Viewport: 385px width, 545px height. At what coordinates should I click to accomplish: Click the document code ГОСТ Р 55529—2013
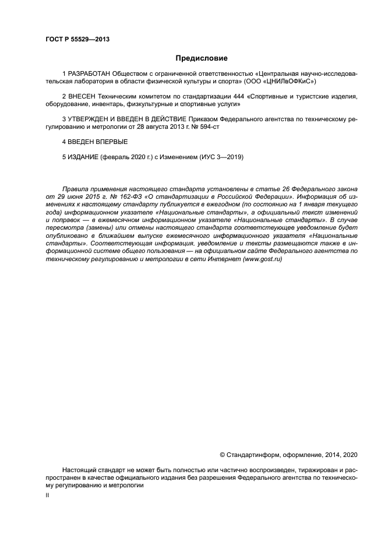[77, 40]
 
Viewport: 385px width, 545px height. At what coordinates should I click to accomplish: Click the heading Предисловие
[202, 58]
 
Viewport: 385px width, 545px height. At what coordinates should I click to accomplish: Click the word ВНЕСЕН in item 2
[83, 95]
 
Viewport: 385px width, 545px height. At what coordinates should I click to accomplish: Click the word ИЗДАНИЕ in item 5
[84, 157]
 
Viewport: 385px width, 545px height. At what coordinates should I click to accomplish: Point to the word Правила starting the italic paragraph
[76, 190]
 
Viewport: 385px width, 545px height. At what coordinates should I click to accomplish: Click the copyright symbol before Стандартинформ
[222, 454]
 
